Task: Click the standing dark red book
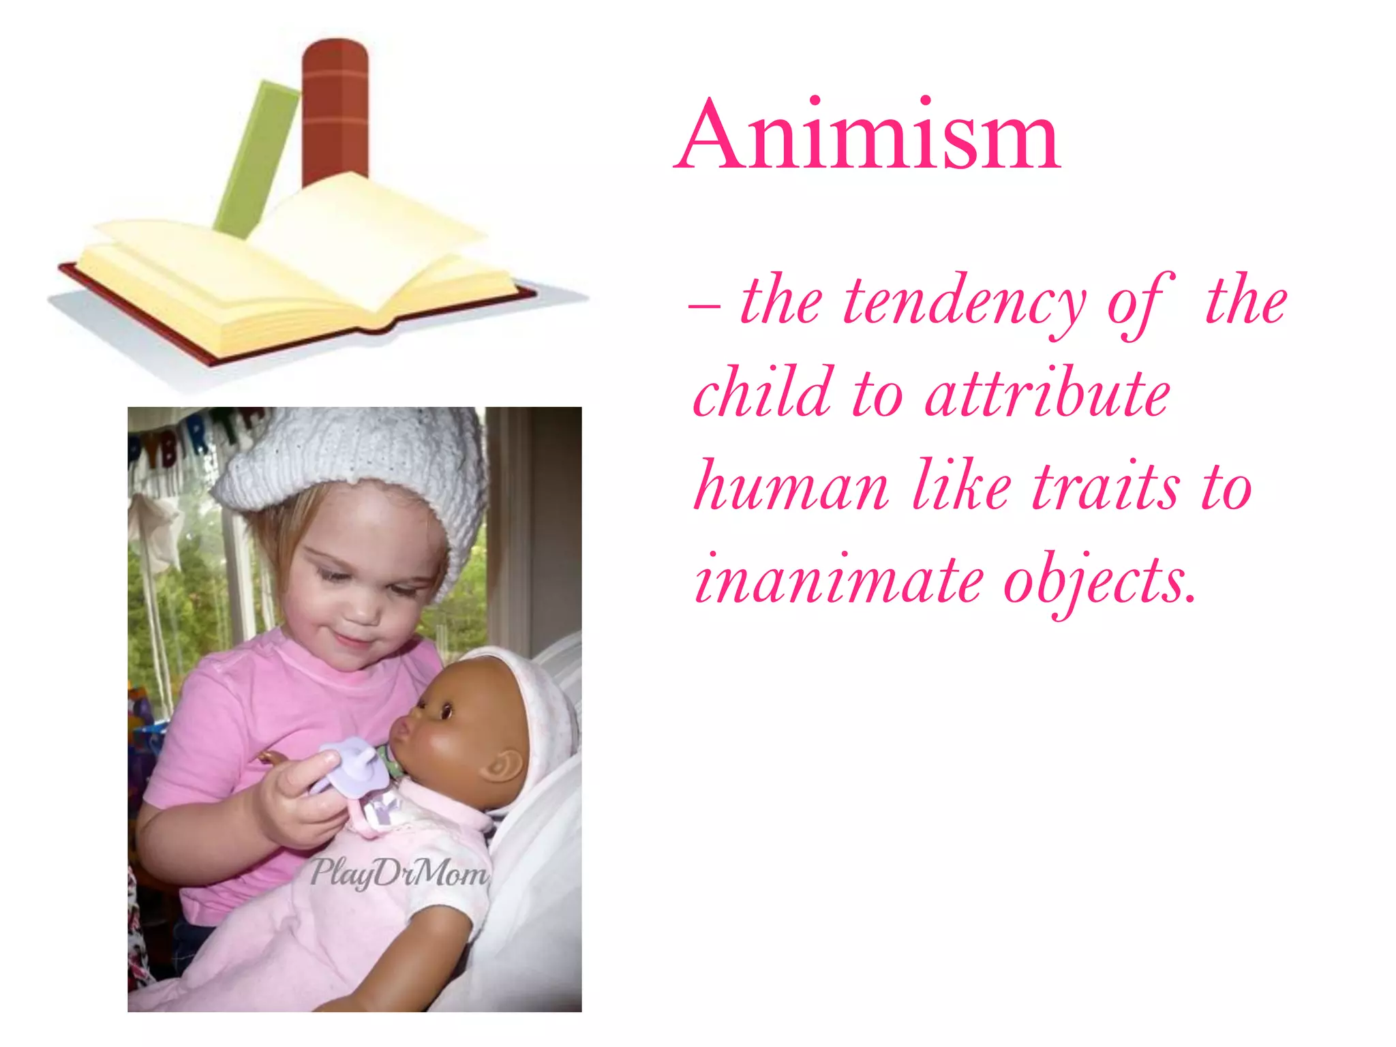[335, 109]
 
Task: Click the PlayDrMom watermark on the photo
[399, 873]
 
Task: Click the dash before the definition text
[703, 306]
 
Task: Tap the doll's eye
[446, 712]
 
